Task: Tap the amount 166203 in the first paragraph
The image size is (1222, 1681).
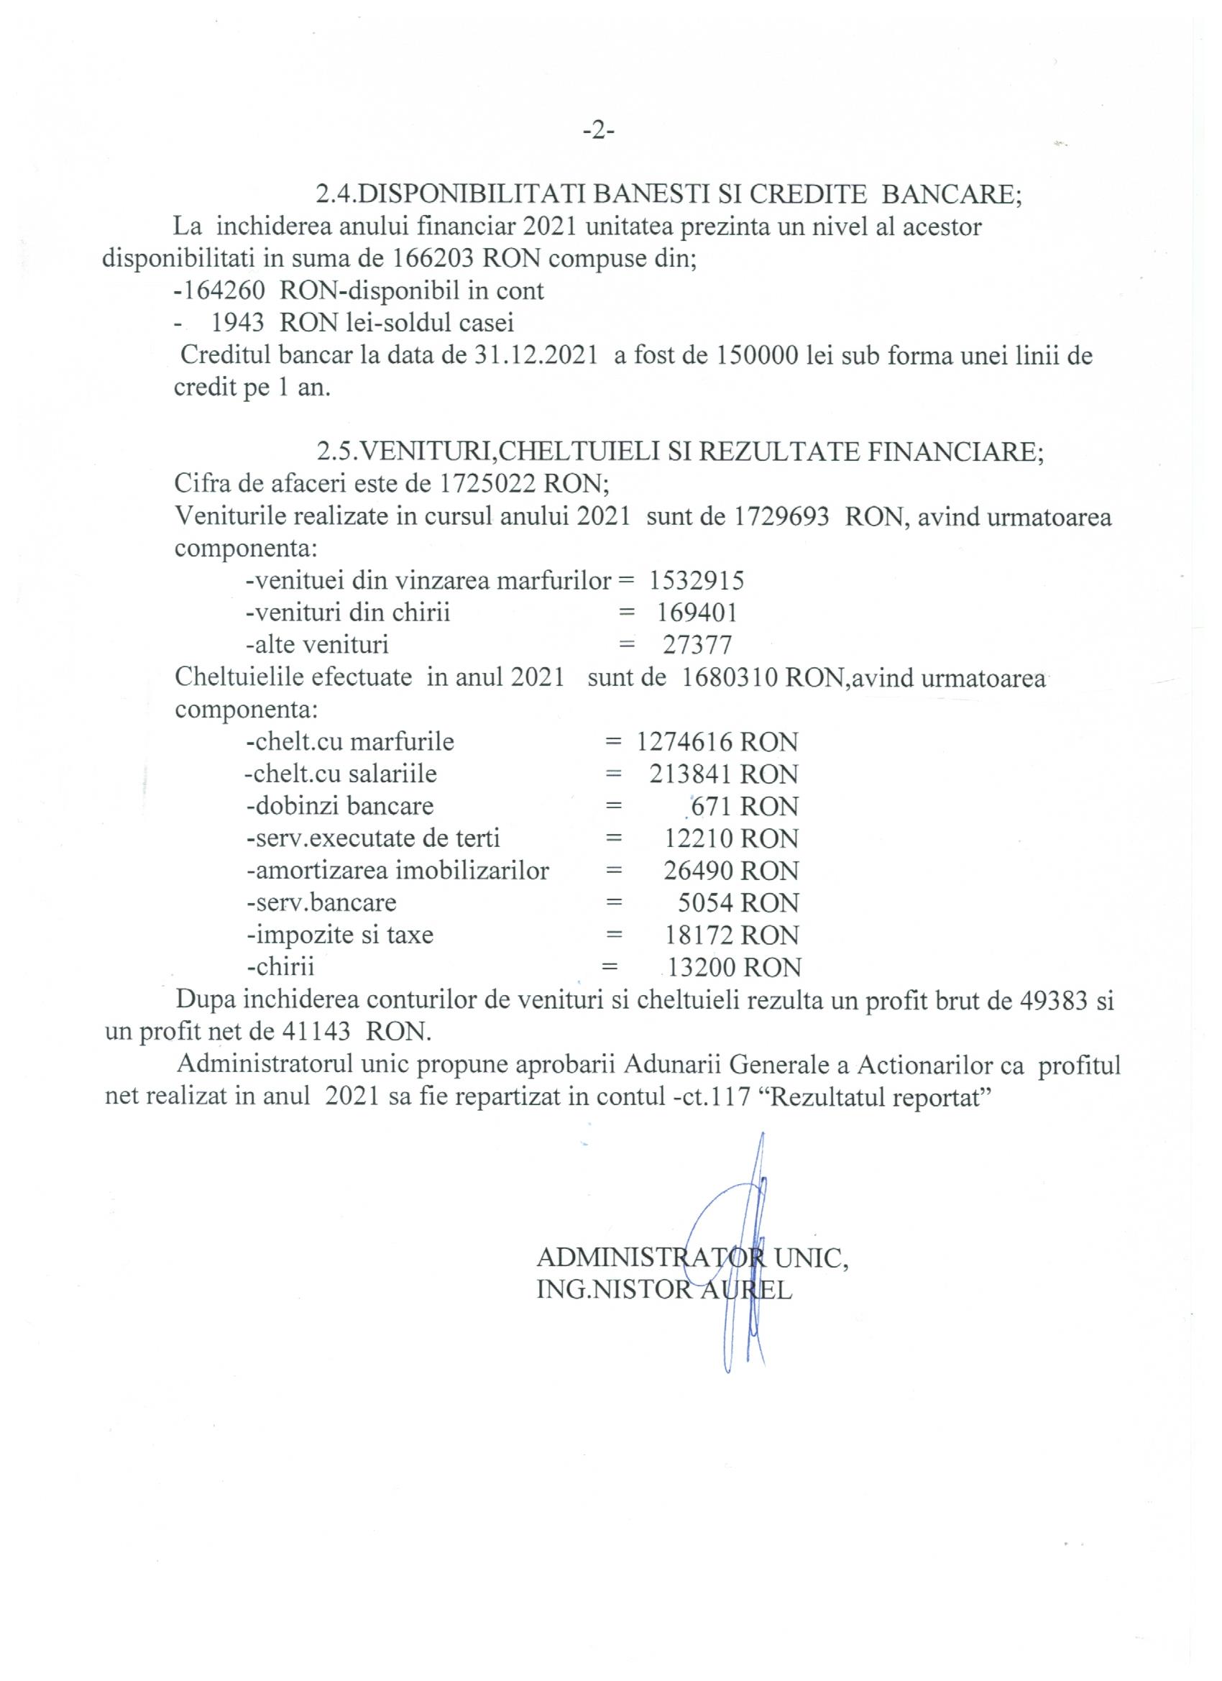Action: tap(429, 259)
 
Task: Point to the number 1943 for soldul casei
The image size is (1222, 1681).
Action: tap(238, 323)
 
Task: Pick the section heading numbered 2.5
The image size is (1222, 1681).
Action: tap(679, 452)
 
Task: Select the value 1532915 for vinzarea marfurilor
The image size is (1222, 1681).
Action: tap(697, 580)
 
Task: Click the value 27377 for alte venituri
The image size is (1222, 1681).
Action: tap(697, 645)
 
